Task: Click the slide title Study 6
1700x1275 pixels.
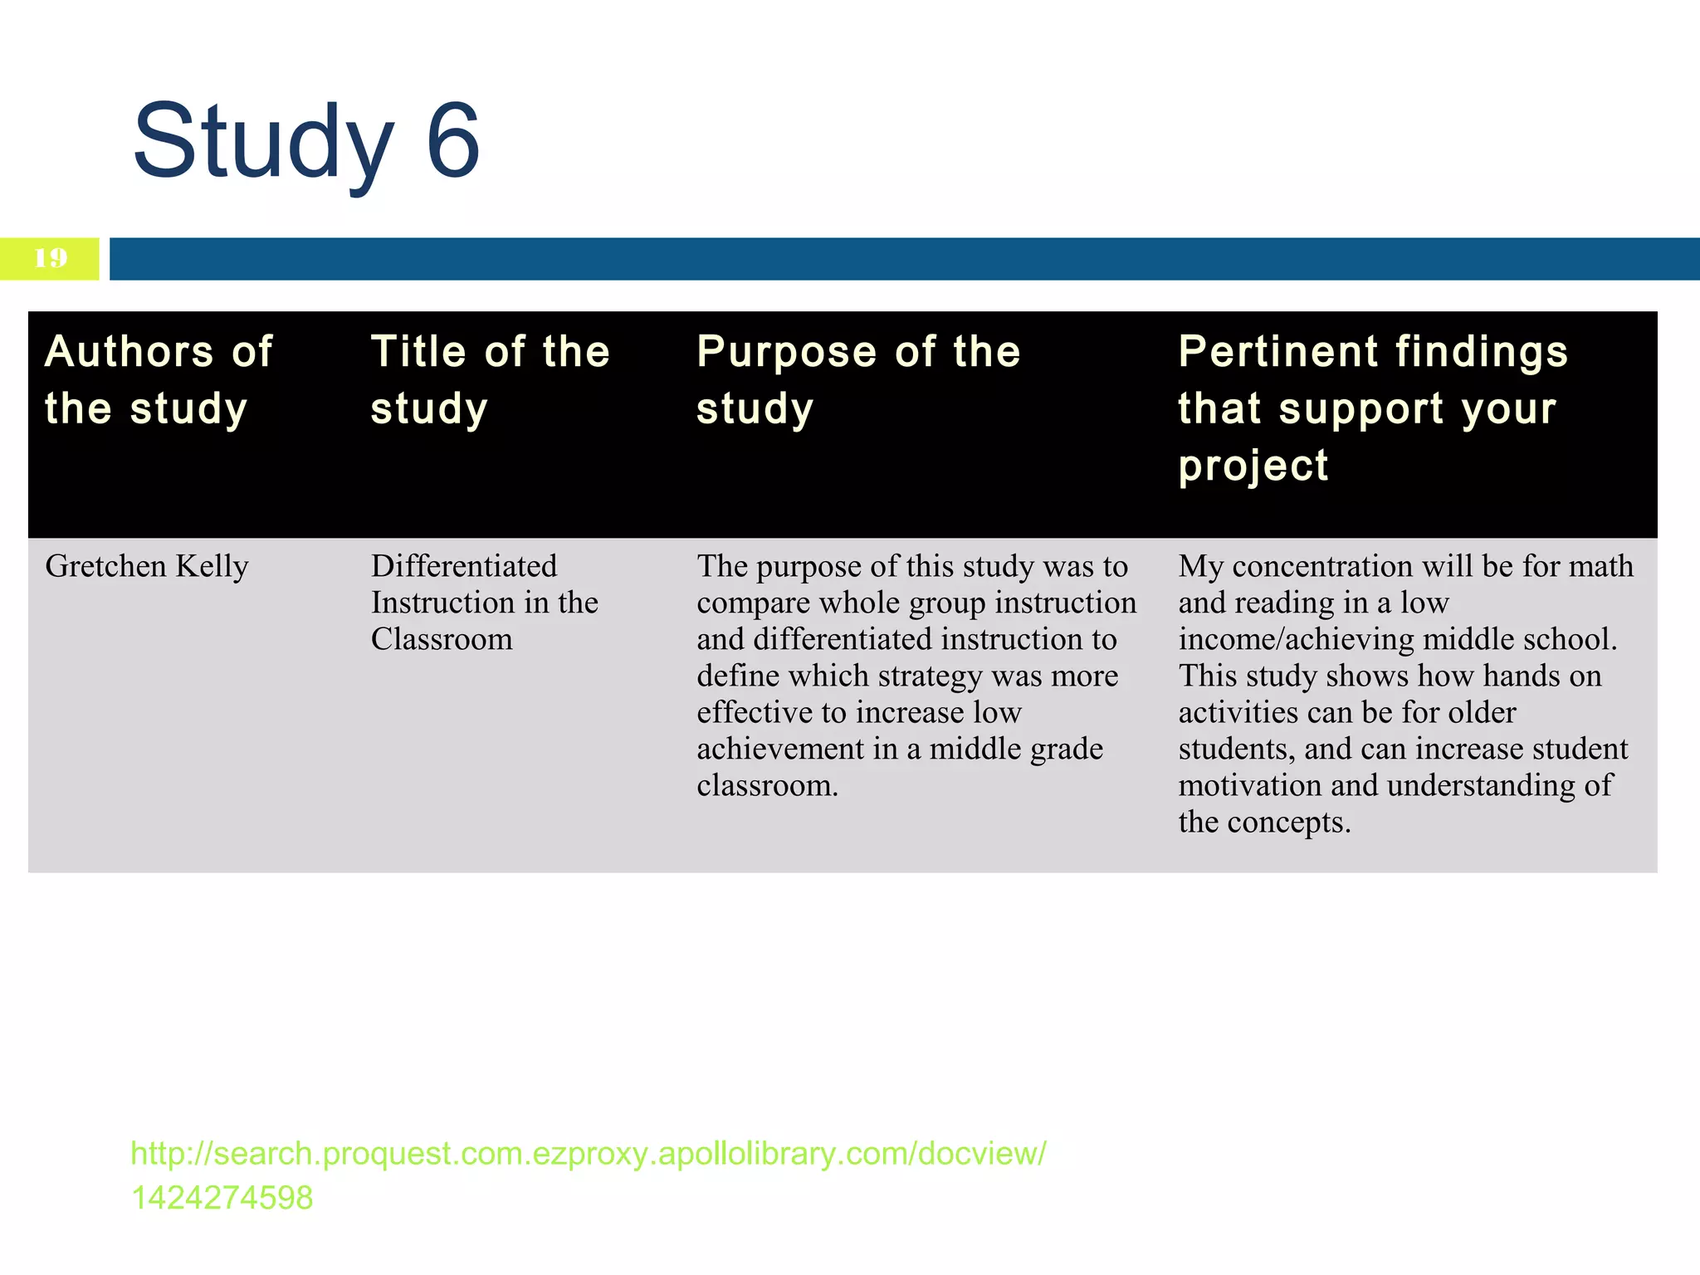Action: pyautogui.click(x=305, y=141)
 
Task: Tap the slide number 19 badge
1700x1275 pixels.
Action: pyautogui.click(x=50, y=258)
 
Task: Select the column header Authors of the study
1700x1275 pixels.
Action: pyautogui.click(x=158, y=379)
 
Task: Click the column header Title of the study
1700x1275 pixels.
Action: pyautogui.click(x=490, y=379)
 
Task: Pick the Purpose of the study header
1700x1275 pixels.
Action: pyautogui.click(x=858, y=379)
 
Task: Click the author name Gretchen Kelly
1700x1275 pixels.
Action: pyautogui.click(x=147, y=567)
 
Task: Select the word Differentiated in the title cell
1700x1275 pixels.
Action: pyautogui.click(x=464, y=566)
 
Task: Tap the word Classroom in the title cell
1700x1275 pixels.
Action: pyautogui.click(x=442, y=639)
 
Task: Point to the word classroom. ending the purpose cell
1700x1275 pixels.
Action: pyautogui.click(x=768, y=785)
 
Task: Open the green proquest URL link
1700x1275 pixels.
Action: pyautogui.click(x=589, y=1154)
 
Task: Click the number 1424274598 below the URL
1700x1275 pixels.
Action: pyautogui.click(x=222, y=1198)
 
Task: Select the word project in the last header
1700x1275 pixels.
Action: pyautogui.click(x=1253, y=467)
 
